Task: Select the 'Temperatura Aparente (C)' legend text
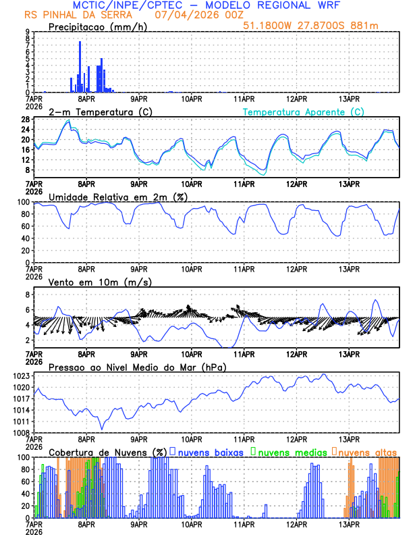pos(304,111)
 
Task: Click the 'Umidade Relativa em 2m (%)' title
pos(111,197)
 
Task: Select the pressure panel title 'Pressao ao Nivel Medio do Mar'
pos(137,367)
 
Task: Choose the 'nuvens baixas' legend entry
pos(209,452)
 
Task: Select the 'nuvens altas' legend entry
pos(366,452)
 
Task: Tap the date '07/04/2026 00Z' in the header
pos(192,14)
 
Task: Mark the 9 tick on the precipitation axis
pos(28,32)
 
